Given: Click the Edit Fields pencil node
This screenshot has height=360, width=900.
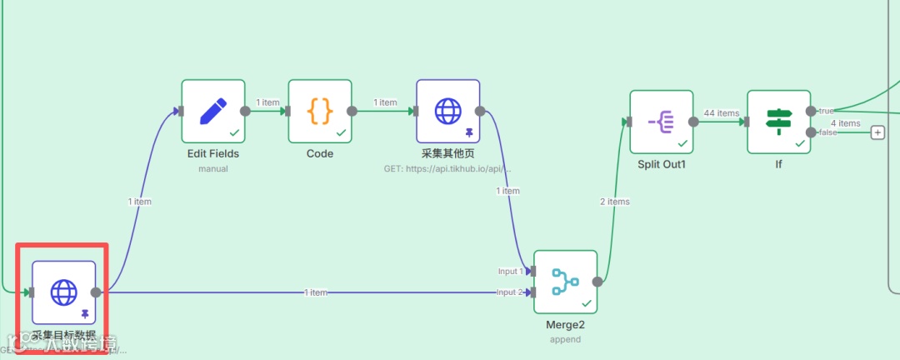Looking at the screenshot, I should [213, 111].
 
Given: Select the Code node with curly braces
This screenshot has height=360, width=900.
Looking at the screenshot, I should [320, 111].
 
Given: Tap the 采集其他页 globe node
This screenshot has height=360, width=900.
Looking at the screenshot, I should [448, 111].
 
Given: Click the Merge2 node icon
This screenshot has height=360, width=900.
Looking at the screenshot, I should [566, 282].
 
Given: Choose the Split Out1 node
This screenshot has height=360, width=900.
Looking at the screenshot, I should [662, 122].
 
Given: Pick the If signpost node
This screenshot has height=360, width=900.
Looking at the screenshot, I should [779, 122].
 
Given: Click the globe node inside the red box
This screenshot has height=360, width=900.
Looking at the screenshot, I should [64, 292].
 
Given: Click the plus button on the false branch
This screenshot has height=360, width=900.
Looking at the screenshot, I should [877, 132].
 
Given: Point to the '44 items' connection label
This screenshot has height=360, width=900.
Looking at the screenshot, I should [722, 113].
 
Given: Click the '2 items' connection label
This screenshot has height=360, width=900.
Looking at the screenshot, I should [615, 202].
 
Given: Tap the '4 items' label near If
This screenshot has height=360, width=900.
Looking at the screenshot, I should [845, 123].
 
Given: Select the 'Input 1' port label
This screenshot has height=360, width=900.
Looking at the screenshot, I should [510, 272].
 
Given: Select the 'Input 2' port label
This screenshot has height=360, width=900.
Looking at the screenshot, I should [510, 292].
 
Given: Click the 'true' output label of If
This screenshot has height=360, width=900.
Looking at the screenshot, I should [826, 111].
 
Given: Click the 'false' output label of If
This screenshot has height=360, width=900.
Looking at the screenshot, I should [827, 132].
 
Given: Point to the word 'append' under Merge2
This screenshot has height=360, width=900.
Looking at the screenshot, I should [565, 339].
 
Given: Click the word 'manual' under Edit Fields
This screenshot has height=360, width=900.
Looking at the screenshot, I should [213, 168].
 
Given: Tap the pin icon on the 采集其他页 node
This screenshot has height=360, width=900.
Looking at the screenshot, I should [469, 132].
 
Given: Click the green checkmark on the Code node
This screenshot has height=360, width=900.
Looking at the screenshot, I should [341, 132].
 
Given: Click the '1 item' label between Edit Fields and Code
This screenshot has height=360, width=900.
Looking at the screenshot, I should [267, 102].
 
